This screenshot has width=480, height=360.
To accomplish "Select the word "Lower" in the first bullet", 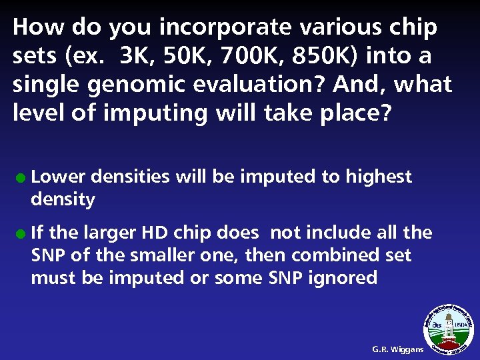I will [58, 177].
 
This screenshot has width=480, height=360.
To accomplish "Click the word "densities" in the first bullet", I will [129, 177].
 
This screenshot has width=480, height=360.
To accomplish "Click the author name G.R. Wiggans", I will [397, 349].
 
